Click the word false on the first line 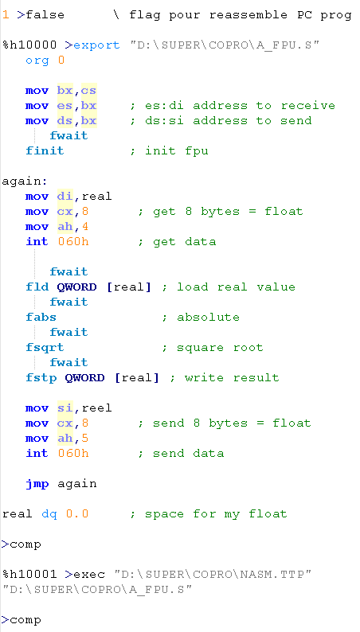click(45, 15)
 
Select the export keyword click(96, 45)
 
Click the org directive click(37, 60)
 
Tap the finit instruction click(45, 150)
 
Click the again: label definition click(25, 181)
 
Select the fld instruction click(37, 287)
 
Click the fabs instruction click(41, 318)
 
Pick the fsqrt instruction click(45, 347)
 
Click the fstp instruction click(41, 378)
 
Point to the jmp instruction click(37, 484)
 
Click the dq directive click(49, 514)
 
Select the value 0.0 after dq click(77, 514)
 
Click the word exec click(89, 574)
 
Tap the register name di click(65, 197)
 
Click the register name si click(65, 408)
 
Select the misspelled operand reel click(96, 408)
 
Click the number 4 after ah click(84, 227)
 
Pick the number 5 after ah click(84, 438)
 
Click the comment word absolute click(208, 318)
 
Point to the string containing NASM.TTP click(213, 574)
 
